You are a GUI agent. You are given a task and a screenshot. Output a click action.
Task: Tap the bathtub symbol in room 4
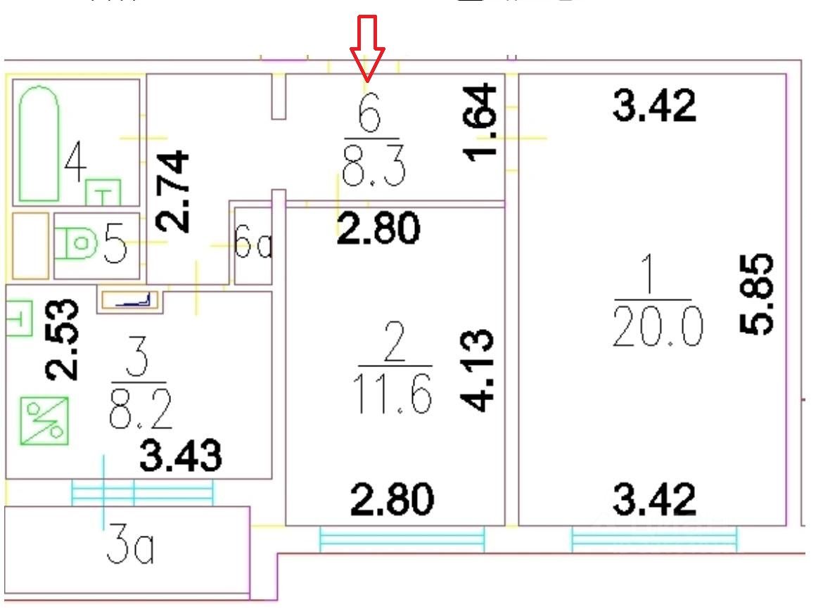tap(38, 144)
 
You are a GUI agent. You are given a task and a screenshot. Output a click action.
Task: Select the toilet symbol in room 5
tap(79, 244)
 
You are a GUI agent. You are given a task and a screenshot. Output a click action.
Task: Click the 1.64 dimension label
tap(485, 121)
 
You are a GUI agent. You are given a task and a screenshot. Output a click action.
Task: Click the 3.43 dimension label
tap(180, 456)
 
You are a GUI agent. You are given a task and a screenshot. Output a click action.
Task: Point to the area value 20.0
tap(657, 328)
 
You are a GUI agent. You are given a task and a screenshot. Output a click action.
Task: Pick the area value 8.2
tap(141, 411)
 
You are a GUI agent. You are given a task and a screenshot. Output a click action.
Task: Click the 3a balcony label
tap(131, 549)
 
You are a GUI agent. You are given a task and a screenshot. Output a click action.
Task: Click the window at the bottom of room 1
tap(655, 539)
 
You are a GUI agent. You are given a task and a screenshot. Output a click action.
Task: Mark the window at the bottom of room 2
tap(402, 539)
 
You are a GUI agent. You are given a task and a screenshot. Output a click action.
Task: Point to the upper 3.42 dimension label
tap(654, 106)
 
